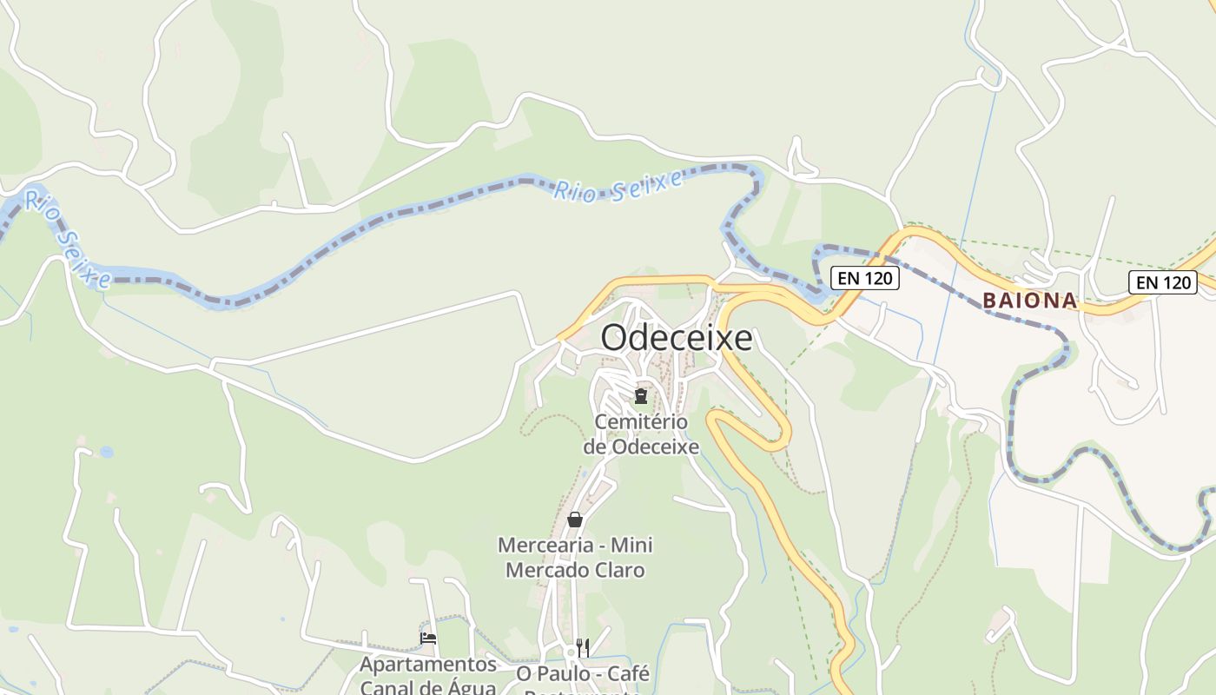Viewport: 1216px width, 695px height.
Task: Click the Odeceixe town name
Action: [677, 338]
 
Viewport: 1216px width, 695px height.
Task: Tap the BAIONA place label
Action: [1029, 301]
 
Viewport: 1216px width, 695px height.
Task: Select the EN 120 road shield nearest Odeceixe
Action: [864, 278]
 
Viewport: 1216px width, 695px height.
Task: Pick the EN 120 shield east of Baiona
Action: [1162, 282]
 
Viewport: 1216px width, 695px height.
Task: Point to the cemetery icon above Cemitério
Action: [641, 396]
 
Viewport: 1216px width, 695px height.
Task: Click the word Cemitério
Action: [641, 422]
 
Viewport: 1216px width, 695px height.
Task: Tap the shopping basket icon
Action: [574, 520]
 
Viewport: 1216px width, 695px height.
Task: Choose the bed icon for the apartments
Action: [428, 639]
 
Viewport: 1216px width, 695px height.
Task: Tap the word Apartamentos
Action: [428, 665]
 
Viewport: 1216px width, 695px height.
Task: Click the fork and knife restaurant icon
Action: [583, 647]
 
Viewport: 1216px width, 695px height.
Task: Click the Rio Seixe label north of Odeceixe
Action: [619, 185]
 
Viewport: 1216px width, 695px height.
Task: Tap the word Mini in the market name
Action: [631, 546]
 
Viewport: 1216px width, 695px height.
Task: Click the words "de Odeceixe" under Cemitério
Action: [641, 447]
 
